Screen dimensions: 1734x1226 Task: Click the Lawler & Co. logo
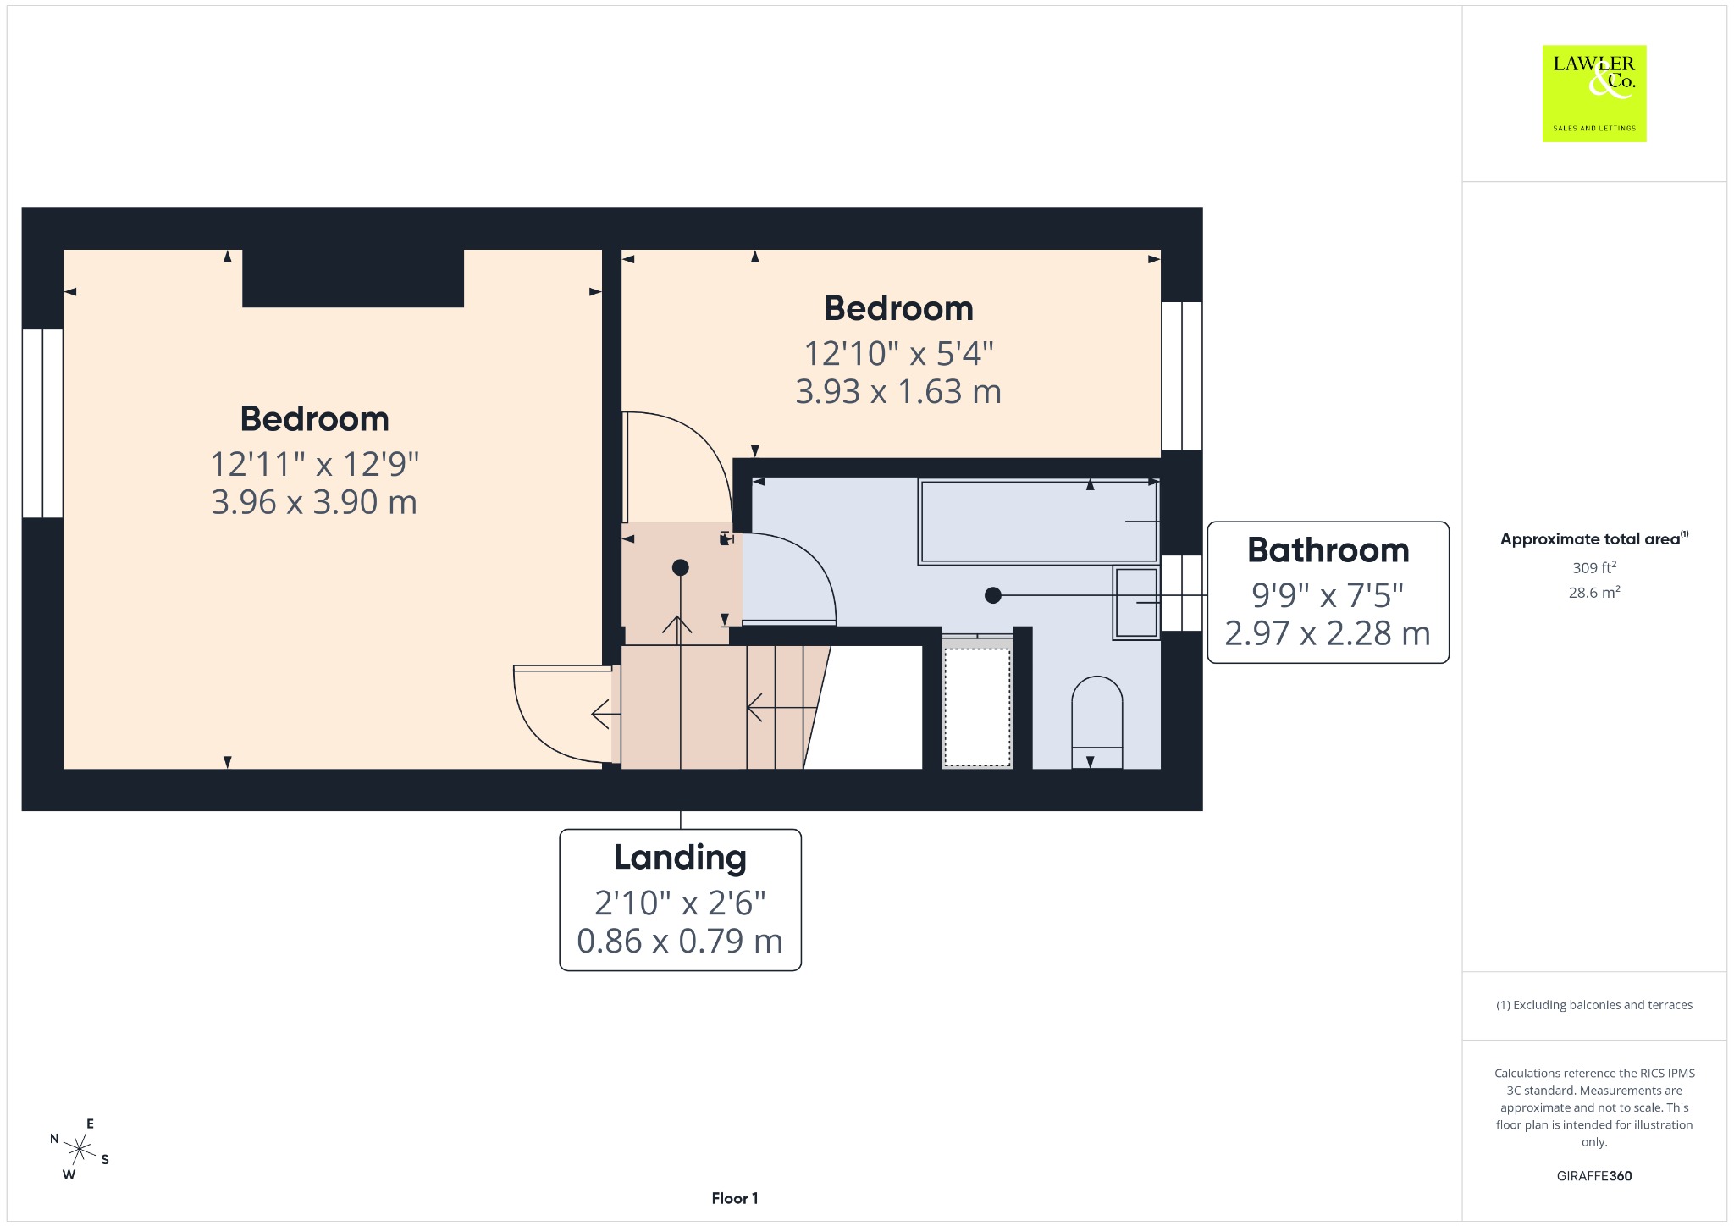click(x=1593, y=93)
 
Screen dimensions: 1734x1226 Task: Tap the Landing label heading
click(x=680, y=858)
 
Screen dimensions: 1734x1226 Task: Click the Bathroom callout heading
click(x=1328, y=550)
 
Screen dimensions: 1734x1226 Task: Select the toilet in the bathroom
click(x=1097, y=722)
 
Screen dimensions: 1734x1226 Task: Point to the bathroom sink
click(x=1136, y=603)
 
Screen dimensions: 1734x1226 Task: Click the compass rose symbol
click(x=80, y=1149)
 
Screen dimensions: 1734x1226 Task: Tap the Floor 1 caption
click(x=735, y=1198)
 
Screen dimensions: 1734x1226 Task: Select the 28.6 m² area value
click(x=1594, y=593)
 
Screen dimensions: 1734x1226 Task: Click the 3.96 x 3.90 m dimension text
click(x=314, y=502)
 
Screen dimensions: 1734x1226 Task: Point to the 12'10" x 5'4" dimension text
click(x=898, y=353)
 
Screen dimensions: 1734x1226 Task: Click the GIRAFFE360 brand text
click(x=1594, y=1176)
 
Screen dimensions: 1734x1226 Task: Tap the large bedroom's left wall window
click(x=42, y=422)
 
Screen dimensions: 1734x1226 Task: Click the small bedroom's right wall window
click(x=1182, y=376)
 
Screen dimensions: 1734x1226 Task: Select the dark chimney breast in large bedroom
click(x=353, y=278)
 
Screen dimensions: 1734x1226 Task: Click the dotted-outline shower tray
click(x=977, y=707)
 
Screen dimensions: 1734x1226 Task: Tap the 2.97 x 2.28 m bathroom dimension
click(x=1328, y=633)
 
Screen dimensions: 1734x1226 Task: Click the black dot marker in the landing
click(x=681, y=567)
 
